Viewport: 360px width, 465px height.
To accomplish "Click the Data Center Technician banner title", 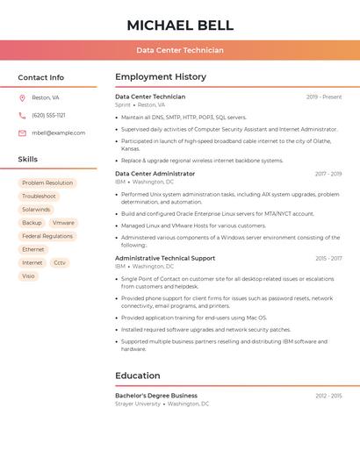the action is pos(179,50).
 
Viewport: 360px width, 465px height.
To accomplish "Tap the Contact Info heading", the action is pos(41,77).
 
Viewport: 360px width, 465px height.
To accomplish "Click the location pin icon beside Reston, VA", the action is pos(22,97).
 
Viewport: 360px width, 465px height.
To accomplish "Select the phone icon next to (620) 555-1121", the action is pos(22,115).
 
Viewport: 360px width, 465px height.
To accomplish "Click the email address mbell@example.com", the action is pos(58,132).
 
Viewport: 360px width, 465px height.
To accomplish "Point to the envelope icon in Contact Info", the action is pos(22,132).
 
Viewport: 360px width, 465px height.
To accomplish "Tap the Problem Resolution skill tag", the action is pos(47,183).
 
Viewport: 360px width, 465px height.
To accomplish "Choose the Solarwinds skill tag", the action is pos(36,210).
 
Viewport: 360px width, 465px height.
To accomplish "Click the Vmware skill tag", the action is pos(63,223).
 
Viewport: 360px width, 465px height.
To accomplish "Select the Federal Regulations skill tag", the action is pos(47,236).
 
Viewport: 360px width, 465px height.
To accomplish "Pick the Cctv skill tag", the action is pos(60,262).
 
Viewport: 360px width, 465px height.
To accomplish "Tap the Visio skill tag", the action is pos(29,275).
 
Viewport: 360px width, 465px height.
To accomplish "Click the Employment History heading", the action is pos(161,77).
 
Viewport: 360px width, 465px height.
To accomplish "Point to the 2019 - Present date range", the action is pos(324,97).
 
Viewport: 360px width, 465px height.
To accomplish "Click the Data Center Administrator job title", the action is pos(155,174).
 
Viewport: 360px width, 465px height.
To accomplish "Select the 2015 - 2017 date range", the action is pos(328,259).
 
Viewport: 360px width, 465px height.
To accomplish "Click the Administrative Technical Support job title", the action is pos(165,259).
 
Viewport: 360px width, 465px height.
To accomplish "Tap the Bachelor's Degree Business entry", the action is pos(156,396).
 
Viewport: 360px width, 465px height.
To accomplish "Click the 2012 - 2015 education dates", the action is pos(328,396).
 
